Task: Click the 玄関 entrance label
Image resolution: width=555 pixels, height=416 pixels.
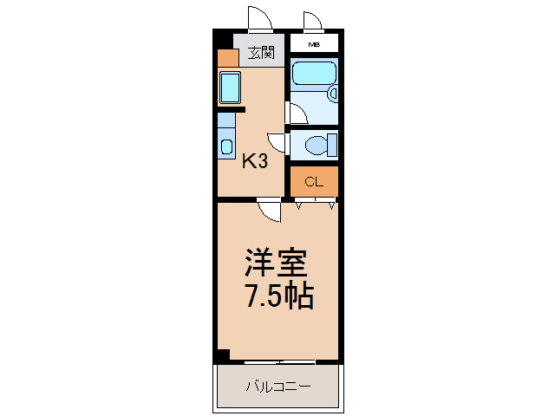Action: (259, 53)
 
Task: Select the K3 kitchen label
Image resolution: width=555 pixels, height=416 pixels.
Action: (253, 160)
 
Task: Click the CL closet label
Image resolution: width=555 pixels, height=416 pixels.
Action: (313, 182)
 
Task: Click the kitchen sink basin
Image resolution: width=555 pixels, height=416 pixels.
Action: (230, 88)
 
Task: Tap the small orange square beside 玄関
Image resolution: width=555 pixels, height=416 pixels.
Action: (227, 59)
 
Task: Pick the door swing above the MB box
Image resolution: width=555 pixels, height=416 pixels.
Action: (313, 22)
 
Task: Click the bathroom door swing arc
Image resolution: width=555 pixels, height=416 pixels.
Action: (295, 114)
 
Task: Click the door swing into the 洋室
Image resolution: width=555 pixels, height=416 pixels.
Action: (269, 211)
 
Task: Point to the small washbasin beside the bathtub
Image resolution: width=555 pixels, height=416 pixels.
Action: (331, 94)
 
